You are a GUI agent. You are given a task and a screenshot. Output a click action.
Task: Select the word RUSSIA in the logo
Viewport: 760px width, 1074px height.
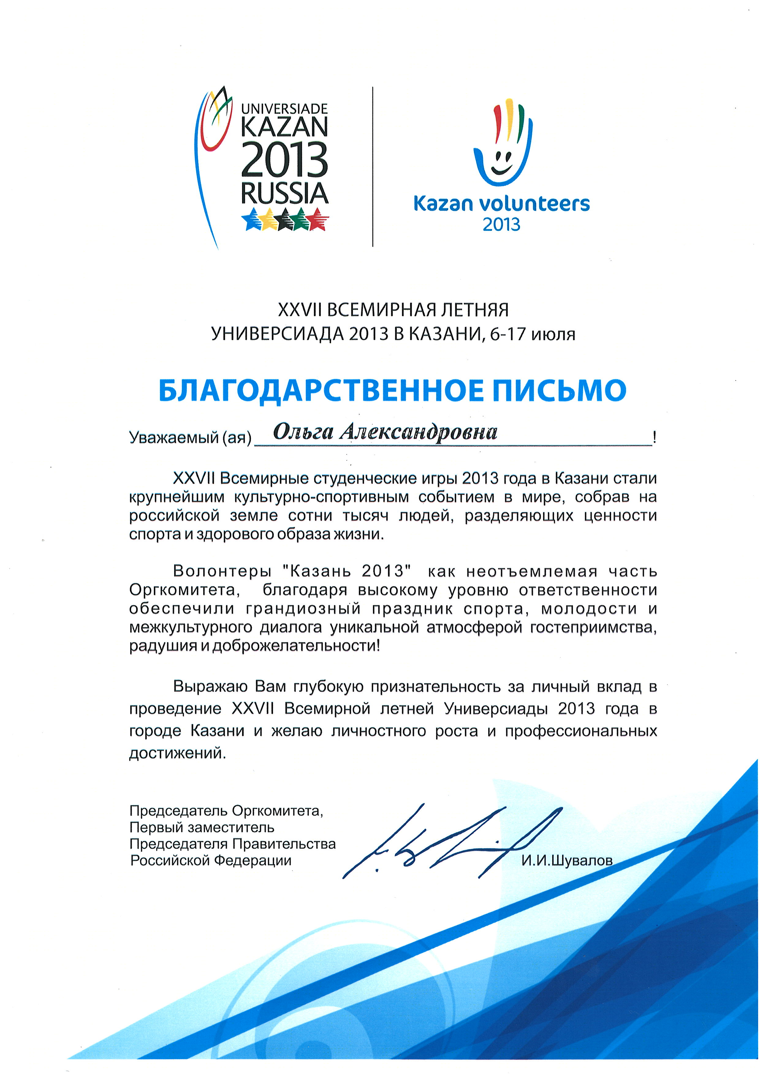[284, 194]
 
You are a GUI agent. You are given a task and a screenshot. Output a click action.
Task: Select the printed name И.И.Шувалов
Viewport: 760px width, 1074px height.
[567, 860]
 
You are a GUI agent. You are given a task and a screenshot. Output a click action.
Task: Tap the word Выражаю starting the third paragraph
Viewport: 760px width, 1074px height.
[211, 687]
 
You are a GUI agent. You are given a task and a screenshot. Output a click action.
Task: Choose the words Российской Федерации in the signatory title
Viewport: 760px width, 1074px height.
[211, 860]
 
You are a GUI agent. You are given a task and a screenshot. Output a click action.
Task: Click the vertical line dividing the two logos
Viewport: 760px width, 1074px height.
[373, 166]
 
